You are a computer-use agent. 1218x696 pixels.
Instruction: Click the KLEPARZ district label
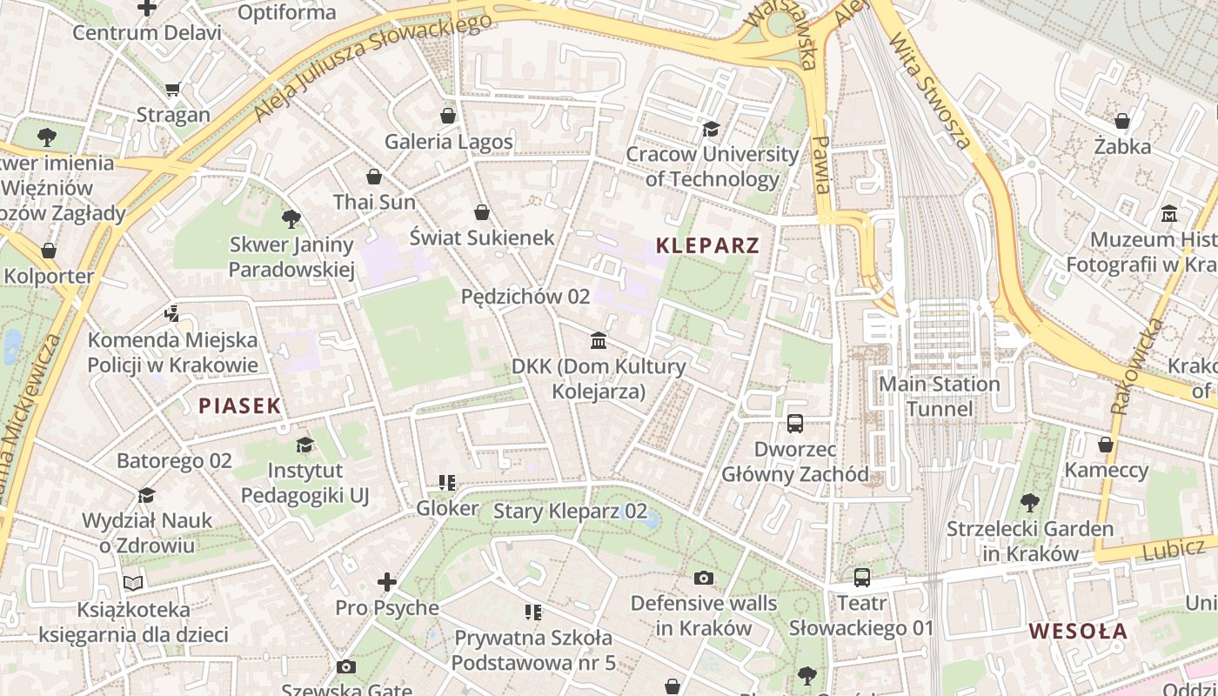(707, 245)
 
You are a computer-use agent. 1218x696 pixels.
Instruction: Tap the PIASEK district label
(240, 405)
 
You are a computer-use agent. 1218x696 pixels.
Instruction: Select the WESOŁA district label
(1078, 632)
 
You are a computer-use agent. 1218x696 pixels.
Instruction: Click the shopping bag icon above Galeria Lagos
(448, 116)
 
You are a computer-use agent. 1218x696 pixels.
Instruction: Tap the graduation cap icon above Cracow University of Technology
(711, 130)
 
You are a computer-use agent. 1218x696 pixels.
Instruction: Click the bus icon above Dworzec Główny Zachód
(795, 424)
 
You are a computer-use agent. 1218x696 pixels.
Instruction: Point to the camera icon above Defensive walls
(703, 578)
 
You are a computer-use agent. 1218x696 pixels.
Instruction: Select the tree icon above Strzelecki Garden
(1029, 503)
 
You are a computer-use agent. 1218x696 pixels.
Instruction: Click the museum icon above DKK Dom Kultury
(599, 340)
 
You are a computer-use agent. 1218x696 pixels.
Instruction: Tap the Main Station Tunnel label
(940, 396)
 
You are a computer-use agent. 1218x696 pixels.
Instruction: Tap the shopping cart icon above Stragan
(172, 90)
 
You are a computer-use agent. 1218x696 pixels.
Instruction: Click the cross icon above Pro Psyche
(387, 582)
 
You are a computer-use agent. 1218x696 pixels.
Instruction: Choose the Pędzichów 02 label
(525, 297)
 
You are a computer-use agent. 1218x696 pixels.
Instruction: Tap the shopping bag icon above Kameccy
(1106, 445)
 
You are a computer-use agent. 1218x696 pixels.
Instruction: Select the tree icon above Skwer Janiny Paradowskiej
(291, 219)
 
